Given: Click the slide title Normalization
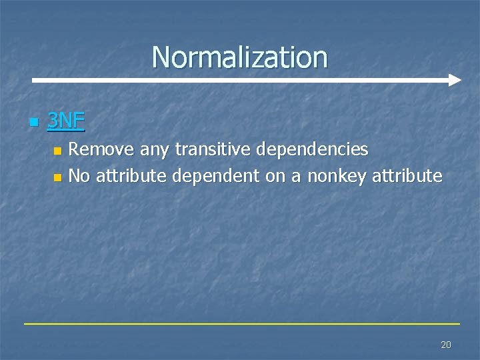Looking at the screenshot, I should coord(240,57).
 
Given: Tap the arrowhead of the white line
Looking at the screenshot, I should coord(455,80).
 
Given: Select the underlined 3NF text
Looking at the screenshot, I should coord(66,121).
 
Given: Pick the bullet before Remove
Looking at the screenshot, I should coord(57,151).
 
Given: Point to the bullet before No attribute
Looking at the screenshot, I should coord(57,177).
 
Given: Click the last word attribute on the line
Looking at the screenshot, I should coord(407,176).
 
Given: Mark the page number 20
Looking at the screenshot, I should coord(446,345).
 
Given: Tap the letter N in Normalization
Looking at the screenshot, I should coord(160,57).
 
